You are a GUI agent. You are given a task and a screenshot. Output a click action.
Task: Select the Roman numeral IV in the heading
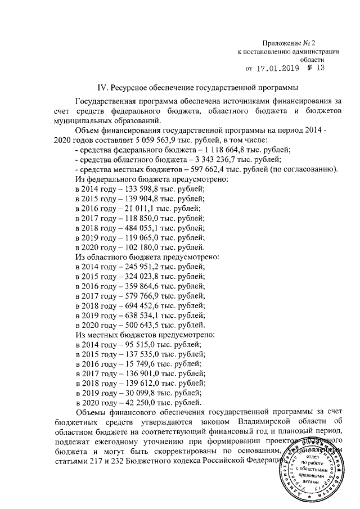pos(102,88)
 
